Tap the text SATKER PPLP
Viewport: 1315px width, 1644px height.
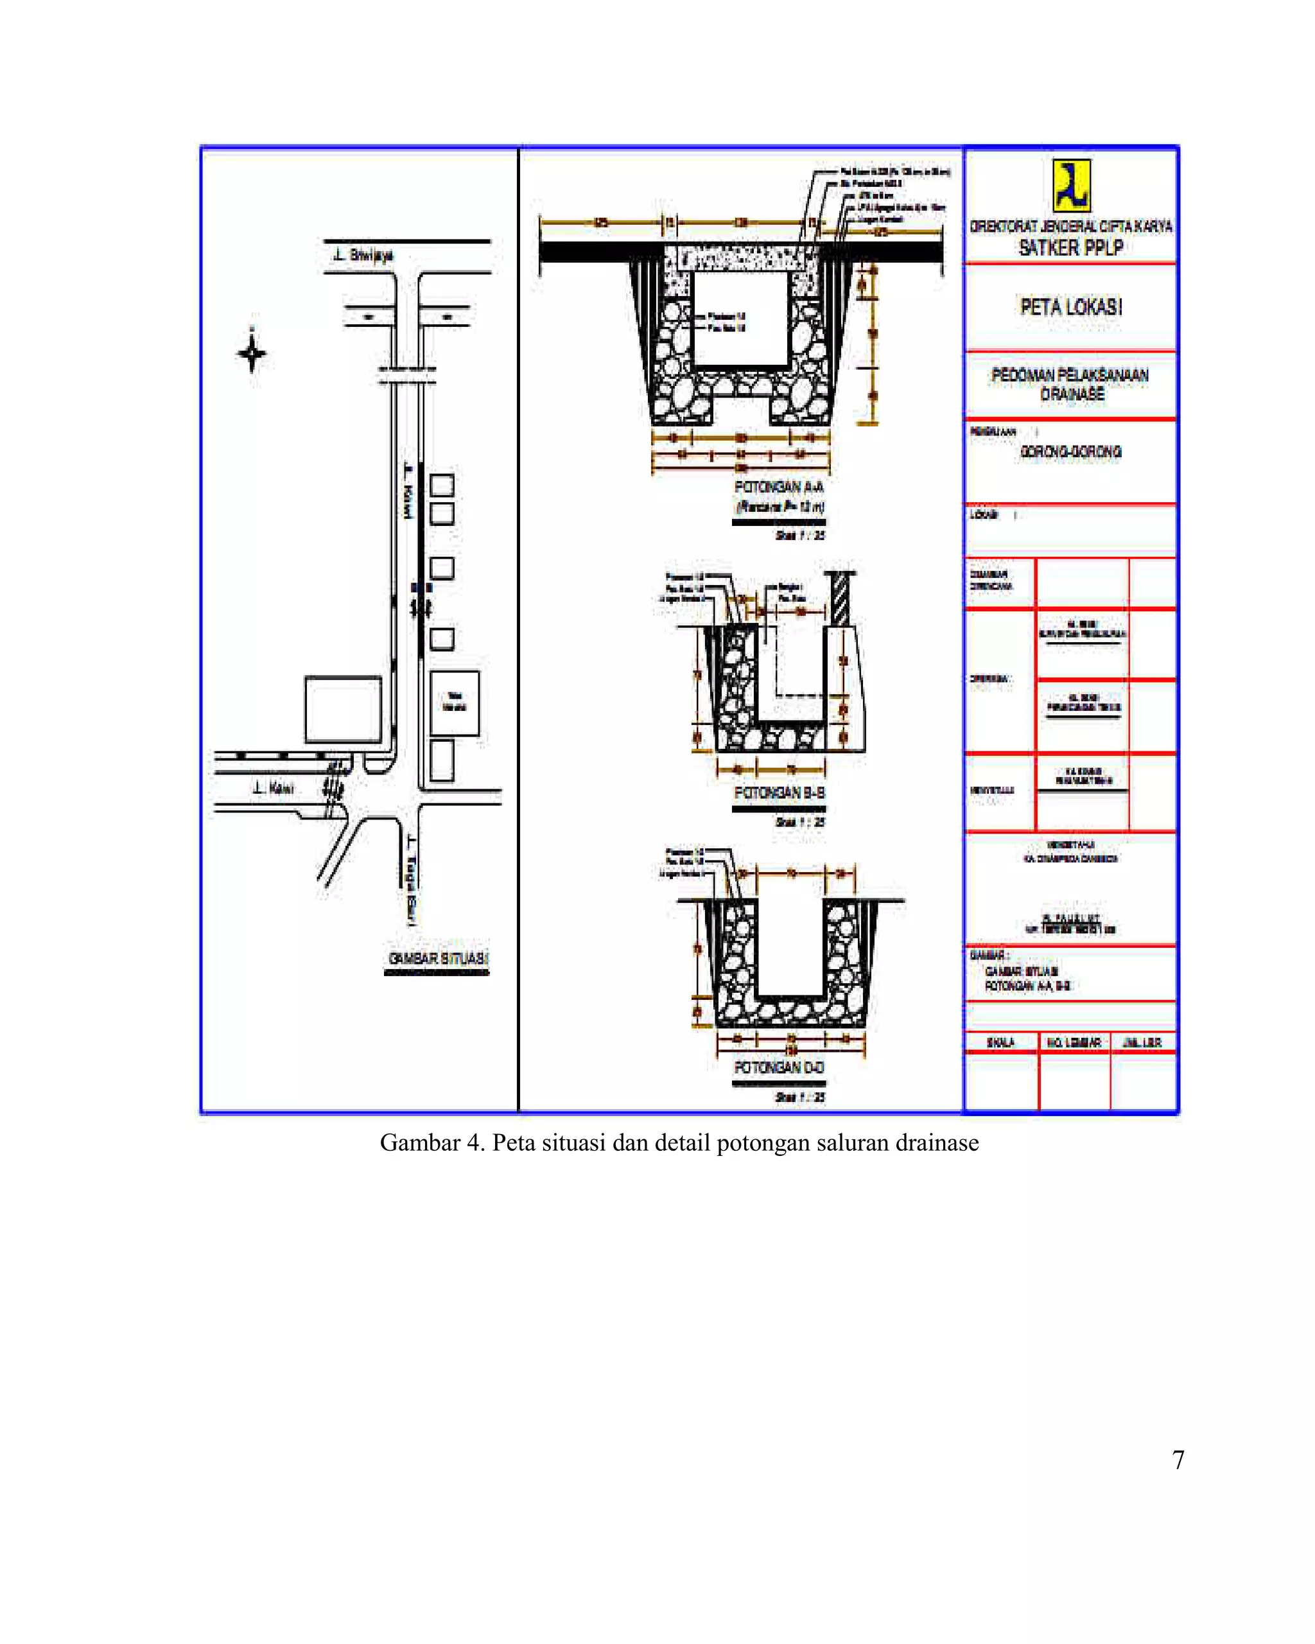1070,248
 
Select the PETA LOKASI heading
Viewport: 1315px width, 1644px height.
1071,308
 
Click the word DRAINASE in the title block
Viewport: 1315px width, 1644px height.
1072,394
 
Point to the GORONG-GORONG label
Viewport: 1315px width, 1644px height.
1070,452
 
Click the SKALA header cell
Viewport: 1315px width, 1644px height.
1000,1042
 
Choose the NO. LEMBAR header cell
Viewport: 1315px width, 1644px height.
1074,1042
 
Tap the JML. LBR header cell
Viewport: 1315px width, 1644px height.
1142,1042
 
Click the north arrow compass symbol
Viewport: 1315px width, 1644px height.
252,353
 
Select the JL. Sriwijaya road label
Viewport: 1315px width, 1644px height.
363,256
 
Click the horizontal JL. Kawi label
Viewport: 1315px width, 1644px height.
273,788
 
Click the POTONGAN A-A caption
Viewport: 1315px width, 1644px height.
778,487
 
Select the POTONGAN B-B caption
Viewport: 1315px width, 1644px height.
778,793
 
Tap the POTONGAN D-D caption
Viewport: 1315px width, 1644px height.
778,1067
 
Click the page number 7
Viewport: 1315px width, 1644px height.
1178,1460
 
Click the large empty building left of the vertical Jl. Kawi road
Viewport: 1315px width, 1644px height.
343,709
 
